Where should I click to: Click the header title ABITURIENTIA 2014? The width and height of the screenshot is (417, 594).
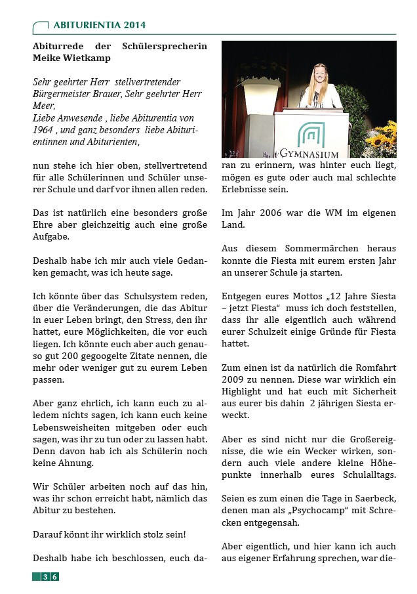click(x=99, y=26)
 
